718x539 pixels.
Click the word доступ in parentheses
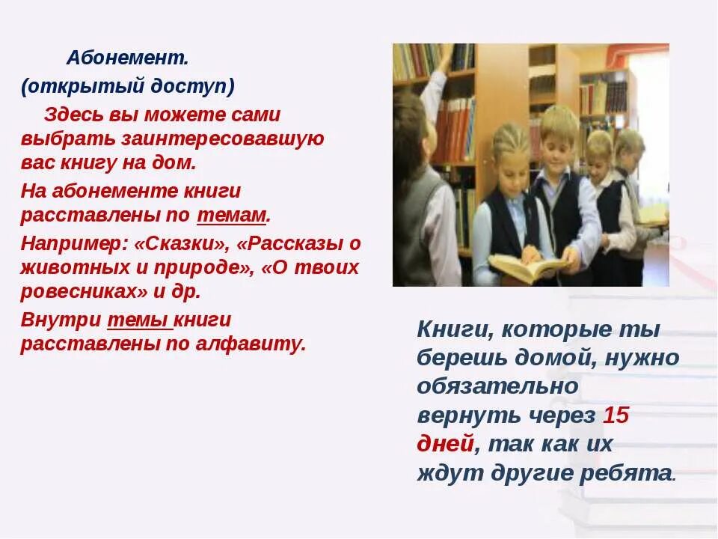click(x=197, y=86)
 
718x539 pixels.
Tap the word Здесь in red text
click(x=71, y=115)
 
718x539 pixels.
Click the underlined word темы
click(x=139, y=320)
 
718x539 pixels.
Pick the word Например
click(x=72, y=243)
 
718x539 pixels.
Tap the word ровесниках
click(x=73, y=291)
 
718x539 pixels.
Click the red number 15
click(x=616, y=415)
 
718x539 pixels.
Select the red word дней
click(x=445, y=444)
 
